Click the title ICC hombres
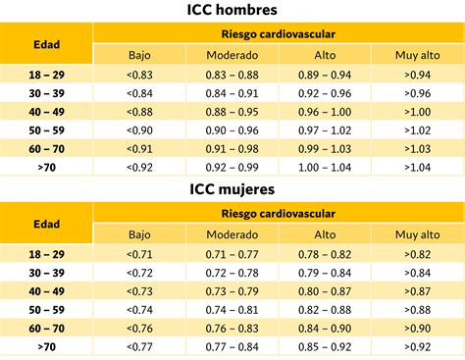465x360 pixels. pyautogui.click(x=232, y=10)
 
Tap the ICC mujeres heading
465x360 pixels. pyautogui.click(x=232, y=189)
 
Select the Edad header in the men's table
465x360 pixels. pyautogui.click(x=46, y=44)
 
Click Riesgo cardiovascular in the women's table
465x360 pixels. pyautogui.click(x=279, y=214)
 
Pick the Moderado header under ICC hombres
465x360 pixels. pyautogui.click(x=232, y=55)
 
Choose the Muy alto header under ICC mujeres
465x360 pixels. pyautogui.click(x=418, y=234)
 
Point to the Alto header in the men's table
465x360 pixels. pyautogui.click(x=325, y=55)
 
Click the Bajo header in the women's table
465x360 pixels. pyautogui.click(x=139, y=234)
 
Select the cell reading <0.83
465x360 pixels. pyautogui.click(x=139, y=75)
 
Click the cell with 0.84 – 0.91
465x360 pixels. pyautogui.click(x=232, y=93)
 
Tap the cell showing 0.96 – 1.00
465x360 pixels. pyautogui.click(x=325, y=112)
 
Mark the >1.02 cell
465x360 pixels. pyautogui.click(x=418, y=130)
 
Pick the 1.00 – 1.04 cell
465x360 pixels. pyautogui.click(x=325, y=168)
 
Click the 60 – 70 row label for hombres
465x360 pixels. pyautogui.click(x=46, y=149)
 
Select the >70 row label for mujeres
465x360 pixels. pyautogui.click(x=46, y=347)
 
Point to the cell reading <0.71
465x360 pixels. pyautogui.click(x=139, y=254)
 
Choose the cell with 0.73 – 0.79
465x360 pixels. pyautogui.click(x=232, y=291)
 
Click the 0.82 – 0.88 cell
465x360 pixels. pyautogui.click(x=325, y=310)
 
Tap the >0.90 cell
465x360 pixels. pyautogui.click(x=418, y=329)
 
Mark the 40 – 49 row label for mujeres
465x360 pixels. pyautogui.click(x=46, y=291)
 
